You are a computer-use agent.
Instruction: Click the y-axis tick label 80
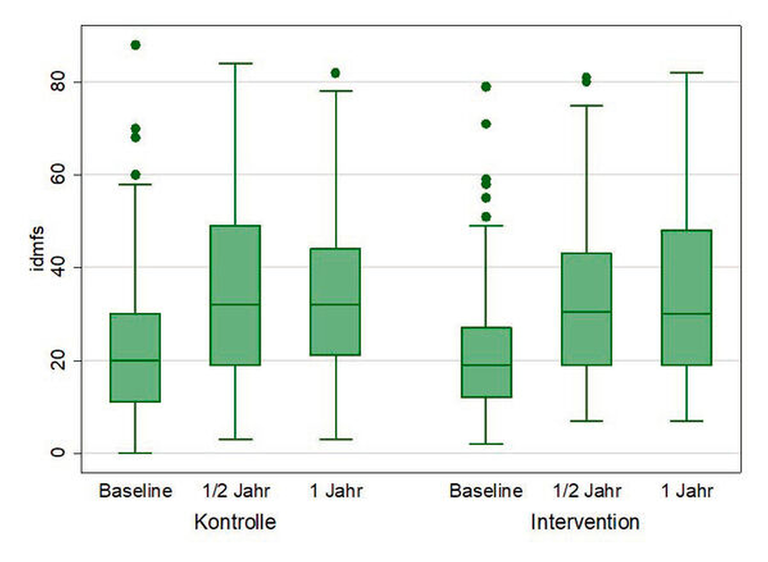[58, 82]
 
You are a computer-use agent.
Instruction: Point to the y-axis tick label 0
[58, 453]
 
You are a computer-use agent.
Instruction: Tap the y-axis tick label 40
[58, 267]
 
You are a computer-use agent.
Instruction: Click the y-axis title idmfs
[37, 248]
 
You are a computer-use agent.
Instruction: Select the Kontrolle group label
[235, 522]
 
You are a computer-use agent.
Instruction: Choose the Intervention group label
[585, 522]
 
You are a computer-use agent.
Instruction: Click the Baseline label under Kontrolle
[135, 491]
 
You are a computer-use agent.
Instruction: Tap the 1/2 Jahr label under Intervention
[587, 491]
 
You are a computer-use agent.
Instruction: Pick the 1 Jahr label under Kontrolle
[336, 491]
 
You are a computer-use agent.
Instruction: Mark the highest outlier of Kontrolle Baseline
[135, 45]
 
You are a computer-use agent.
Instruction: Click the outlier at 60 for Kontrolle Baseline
[135, 175]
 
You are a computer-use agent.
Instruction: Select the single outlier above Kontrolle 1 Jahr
[335, 73]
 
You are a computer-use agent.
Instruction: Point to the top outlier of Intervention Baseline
[486, 87]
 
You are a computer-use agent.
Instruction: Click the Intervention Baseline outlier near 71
[486, 124]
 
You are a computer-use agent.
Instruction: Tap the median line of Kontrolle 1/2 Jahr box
[235, 304]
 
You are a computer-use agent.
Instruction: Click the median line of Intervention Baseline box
[486, 365]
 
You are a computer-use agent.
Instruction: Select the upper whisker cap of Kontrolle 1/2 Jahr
[235, 63]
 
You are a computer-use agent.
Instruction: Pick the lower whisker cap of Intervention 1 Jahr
[686, 421]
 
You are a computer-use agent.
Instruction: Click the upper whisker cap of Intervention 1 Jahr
[686, 73]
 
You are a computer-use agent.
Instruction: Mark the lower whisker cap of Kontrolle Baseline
[135, 453]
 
